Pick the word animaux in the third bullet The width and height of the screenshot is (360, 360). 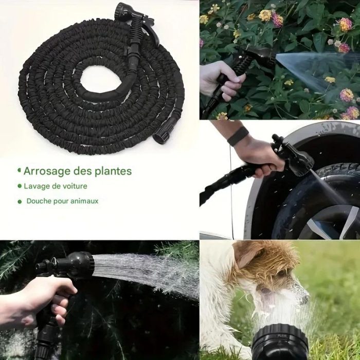82,201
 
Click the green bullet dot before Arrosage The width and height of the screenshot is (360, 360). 20,170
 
